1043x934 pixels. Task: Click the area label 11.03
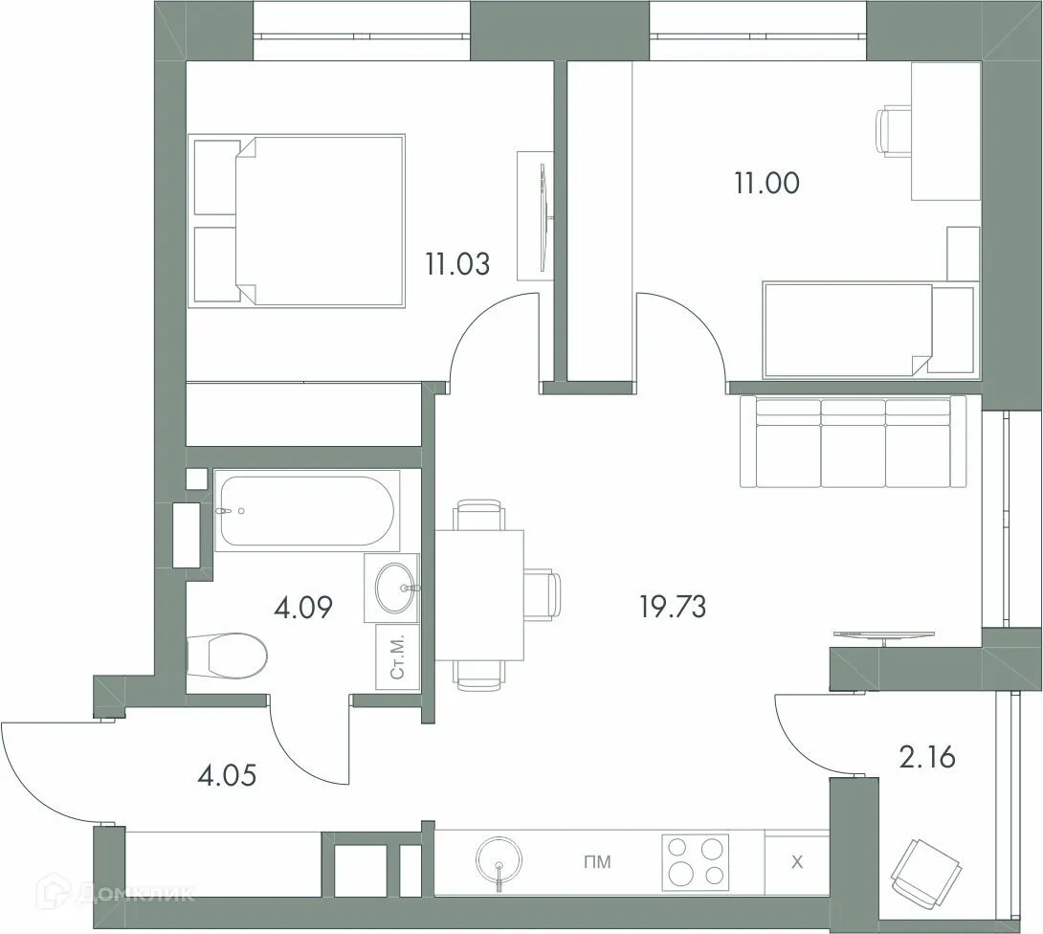pyautogui.click(x=457, y=263)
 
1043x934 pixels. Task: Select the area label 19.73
pyautogui.click(x=674, y=606)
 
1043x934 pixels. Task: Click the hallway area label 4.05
pyautogui.click(x=226, y=772)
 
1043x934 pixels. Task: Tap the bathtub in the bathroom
pyautogui.click(x=304, y=511)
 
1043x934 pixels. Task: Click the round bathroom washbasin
pyautogui.click(x=393, y=588)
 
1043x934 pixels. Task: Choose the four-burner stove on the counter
pyautogui.click(x=695, y=862)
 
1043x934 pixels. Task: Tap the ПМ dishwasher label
pyautogui.click(x=597, y=863)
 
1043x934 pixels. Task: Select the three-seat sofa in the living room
pyautogui.click(x=853, y=442)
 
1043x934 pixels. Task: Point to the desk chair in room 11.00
pyautogui.click(x=894, y=131)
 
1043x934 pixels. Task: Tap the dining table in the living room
pyautogui.click(x=479, y=593)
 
